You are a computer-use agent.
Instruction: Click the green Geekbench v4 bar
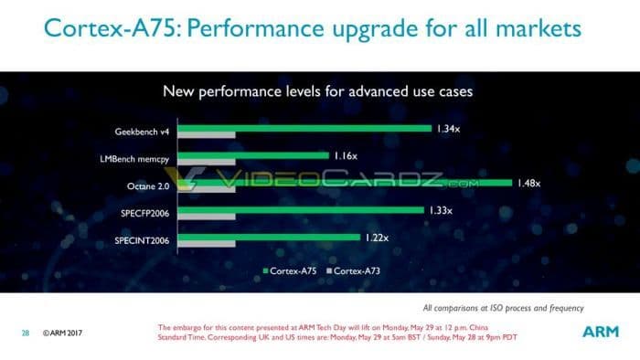pyautogui.click(x=311, y=128)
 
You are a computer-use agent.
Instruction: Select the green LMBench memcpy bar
pyautogui.click(x=259, y=155)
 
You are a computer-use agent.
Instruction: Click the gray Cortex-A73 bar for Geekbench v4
pyautogui.click(x=212, y=136)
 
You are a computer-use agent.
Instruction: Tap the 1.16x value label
pyautogui.click(x=345, y=155)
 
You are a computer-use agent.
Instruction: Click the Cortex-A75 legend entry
pyautogui.click(x=291, y=271)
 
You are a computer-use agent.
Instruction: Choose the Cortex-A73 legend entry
pyautogui.click(x=357, y=271)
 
